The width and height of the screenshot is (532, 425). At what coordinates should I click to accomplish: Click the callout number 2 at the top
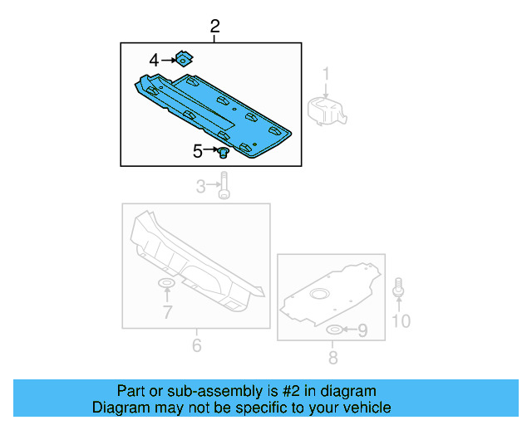point(215,27)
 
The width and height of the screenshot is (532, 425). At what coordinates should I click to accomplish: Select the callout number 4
point(155,60)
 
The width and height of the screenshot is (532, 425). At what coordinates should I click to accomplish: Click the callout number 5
point(198,151)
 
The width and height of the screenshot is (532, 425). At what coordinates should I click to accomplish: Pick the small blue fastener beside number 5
point(223,152)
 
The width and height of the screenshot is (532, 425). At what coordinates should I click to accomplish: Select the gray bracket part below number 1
point(327,110)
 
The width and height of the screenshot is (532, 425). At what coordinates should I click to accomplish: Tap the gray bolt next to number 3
point(224,188)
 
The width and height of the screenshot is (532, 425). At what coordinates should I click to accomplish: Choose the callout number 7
point(167,312)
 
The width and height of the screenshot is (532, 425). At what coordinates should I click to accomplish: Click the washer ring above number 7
point(167,286)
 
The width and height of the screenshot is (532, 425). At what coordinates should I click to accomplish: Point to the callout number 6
point(196,344)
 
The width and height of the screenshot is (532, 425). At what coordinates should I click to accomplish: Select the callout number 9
point(362,331)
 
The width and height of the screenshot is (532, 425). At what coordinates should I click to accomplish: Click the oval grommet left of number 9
point(333,331)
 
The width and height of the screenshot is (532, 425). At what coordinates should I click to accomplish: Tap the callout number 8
point(332,358)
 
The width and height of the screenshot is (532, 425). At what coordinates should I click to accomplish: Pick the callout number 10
point(401,320)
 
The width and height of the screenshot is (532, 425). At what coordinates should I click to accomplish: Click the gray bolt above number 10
point(400,287)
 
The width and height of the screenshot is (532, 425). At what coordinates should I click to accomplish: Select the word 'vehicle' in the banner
point(364,408)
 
